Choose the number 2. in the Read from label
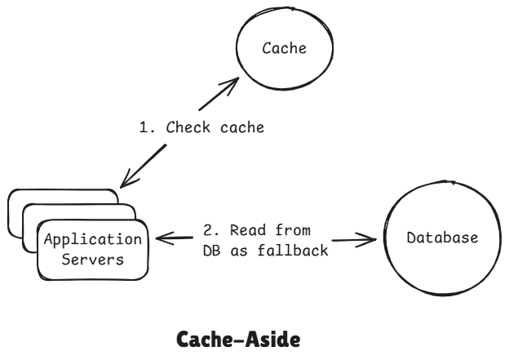pos(210,231)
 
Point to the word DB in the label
pos(210,251)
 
